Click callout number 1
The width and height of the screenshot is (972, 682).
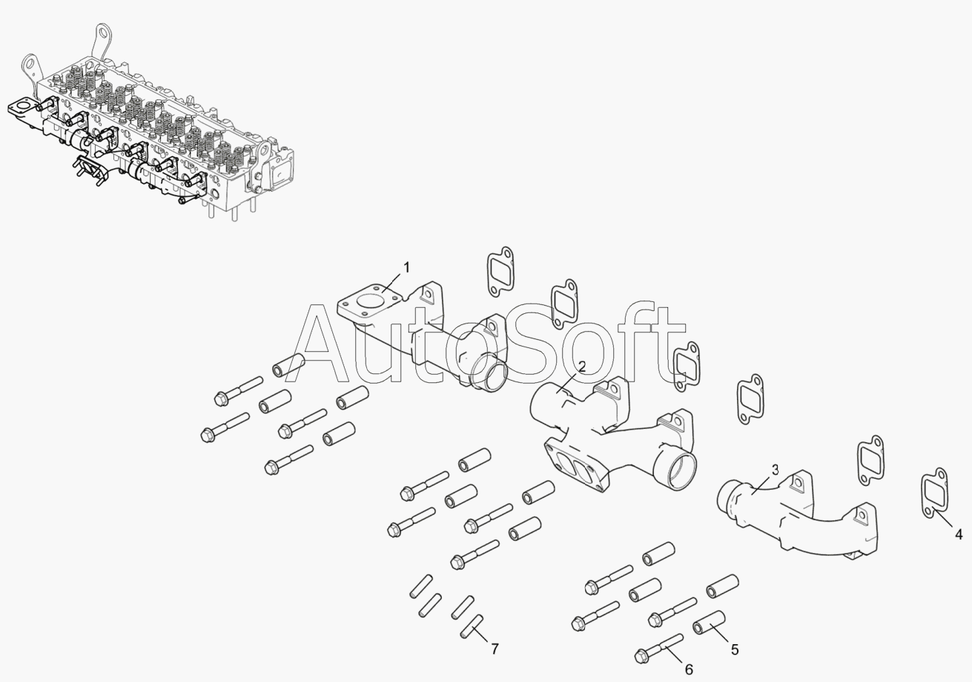click(x=406, y=268)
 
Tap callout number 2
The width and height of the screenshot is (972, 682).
click(x=582, y=367)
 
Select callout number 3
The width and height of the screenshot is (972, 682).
click(x=775, y=470)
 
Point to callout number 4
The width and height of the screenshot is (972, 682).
click(x=959, y=534)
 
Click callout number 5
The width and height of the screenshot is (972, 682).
click(x=734, y=649)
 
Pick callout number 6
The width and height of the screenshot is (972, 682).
click(x=689, y=669)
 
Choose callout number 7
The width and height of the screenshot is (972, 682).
click(x=495, y=649)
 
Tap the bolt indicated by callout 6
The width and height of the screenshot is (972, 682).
click(x=658, y=649)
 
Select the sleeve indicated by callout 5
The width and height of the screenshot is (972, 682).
click(x=710, y=623)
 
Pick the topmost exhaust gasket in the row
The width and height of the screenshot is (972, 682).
click(x=500, y=272)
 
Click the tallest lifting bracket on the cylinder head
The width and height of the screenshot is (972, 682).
click(x=101, y=42)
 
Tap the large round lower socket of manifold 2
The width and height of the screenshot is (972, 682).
click(x=675, y=470)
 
